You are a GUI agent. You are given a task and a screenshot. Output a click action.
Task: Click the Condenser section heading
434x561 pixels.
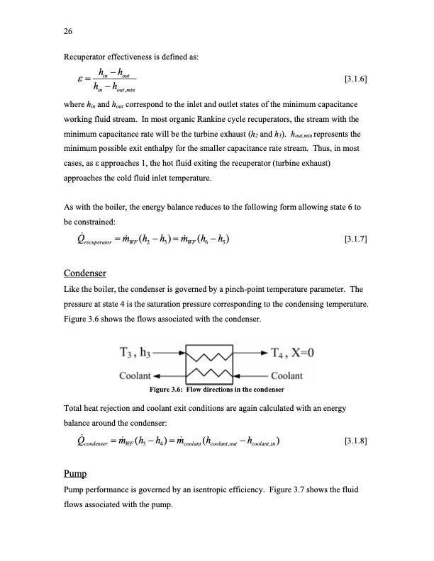point(85,273)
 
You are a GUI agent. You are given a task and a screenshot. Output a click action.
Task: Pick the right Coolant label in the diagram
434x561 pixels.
point(287,375)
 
